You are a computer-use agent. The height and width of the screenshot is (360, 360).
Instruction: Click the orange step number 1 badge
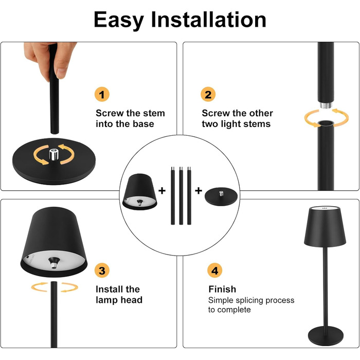(102, 94)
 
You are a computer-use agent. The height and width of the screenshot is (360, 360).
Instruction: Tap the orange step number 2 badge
(208, 94)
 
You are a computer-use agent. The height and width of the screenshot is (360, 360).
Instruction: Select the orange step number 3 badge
(102, 270)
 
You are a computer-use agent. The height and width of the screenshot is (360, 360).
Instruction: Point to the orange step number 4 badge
(214, 270)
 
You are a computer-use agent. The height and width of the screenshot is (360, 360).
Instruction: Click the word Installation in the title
(209, 20)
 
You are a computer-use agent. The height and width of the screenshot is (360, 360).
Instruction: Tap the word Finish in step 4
(222, 289)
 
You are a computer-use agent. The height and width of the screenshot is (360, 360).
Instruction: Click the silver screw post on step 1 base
(54, 154)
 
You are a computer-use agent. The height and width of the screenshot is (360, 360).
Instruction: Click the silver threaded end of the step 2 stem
(326, 105)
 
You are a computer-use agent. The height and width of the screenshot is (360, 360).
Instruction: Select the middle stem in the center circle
(181, 195)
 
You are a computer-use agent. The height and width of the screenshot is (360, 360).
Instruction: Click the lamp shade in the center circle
(139, 192)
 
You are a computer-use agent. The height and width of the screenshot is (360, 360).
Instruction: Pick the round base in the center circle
(221, 196)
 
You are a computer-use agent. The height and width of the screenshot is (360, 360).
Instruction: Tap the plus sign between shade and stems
(162, 191)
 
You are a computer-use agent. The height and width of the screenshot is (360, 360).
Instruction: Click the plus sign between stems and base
(199, 191)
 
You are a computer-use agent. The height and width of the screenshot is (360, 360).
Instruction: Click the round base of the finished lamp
(326, 336)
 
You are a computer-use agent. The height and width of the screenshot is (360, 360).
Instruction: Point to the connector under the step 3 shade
(54, 262)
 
